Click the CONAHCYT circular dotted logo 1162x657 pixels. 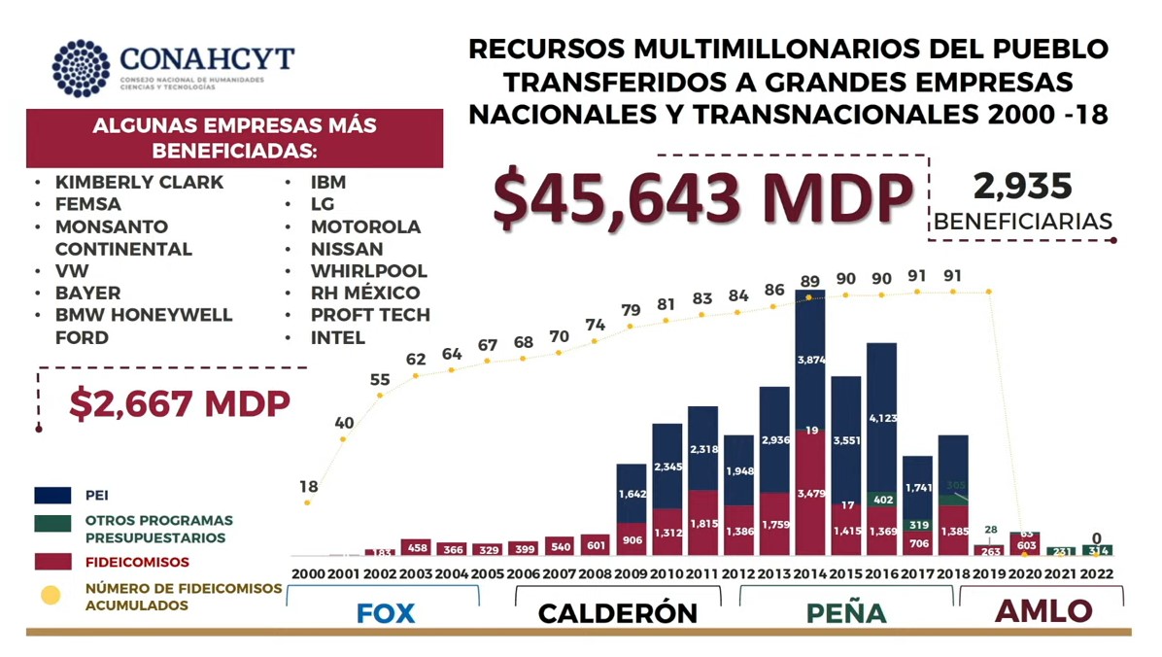pyautogui.click(x=81, y=68)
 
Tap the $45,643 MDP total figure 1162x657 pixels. pyautogui.click(x=701, y=197)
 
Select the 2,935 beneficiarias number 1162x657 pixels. pyautogui.click(x=1022, y=187)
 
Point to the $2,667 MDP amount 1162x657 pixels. pyautogui.click(x=180, y=403)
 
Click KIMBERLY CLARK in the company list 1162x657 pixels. pyautogui.click(x=139, y=183)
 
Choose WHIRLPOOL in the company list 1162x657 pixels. pyautogui.click(x=368, y=271)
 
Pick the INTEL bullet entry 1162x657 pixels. pyautogui.click(x=337, y=338)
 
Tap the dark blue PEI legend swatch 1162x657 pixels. pyautogui.click(x=52, y=496)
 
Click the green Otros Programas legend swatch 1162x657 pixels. pyautogui.click(x=52, y=523)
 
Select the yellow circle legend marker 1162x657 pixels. pyautogui.click(x=50, y=595)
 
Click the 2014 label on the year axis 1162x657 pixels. pyautogui.click(x=810, y=573)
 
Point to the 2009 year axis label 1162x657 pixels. pyautogui.click(x=632, y=573)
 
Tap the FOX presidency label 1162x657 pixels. pyautogui.click(x=385, y=613)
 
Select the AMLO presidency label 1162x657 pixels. pyautogui.click(x=1042, y=611)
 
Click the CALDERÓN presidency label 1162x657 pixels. pyautogui.click(x=617, y=613)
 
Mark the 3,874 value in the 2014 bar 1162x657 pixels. pyautogui.click(x=810, y=361)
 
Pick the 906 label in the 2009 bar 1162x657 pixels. pyautogui.click(x=632, y=541)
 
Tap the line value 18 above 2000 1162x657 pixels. pyautogui.click(x=308, y=486)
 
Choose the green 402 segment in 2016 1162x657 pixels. pyautogui.click(x=881, y=499)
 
